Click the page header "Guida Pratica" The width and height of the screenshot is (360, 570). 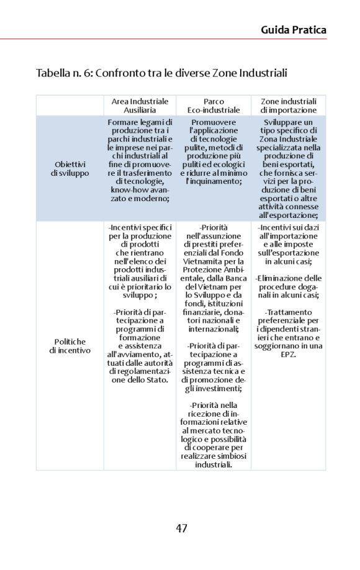coord(293,29)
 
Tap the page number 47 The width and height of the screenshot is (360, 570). coord(181,528)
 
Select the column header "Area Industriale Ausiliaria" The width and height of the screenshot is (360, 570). coord(140,105)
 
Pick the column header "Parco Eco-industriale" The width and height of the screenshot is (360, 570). coord(214,105)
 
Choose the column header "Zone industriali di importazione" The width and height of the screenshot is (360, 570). coord(288,105)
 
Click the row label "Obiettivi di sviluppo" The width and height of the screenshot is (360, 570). coord(70,168)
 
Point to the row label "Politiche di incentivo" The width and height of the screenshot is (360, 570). coord(70,346)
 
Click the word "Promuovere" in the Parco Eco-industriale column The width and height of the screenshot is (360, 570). coord(214,122)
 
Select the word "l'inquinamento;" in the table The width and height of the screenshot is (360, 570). coord(214,181)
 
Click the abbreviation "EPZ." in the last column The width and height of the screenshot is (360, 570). coord(288,354)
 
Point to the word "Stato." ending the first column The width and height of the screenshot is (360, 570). coord(156,379)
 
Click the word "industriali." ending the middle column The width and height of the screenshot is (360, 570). coord(214,464)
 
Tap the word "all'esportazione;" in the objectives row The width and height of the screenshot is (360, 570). coord(288,215)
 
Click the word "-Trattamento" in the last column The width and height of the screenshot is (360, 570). coord(288,312)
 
